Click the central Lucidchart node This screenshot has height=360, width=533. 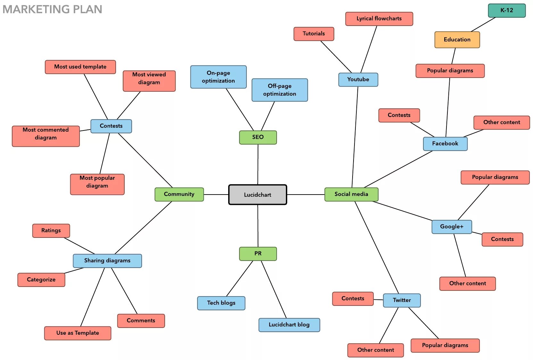(257, 195)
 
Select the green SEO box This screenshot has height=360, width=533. (258, 137)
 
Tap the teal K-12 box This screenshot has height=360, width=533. (506, 10)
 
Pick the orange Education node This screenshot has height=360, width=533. (457, 40)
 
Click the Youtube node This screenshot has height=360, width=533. (358, 80)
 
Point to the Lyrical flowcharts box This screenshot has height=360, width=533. (379, 19)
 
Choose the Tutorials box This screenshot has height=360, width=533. (313, 34)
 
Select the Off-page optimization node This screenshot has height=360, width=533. (279, 90)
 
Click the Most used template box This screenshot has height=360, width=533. (80, 67)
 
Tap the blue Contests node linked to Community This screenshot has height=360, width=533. (111, 126)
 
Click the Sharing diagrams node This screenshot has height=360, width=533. (107, 261)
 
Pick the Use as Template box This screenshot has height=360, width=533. (78, 333)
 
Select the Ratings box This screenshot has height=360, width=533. (51, 230)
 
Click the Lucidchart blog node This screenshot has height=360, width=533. (289, 325)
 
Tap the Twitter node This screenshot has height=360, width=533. (402, 300)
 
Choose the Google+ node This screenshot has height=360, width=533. (451, 227)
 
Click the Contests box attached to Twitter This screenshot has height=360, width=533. (353, 298)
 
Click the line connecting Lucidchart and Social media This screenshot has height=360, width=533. (305, 195)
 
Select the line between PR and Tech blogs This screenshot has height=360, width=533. (239, 279)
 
